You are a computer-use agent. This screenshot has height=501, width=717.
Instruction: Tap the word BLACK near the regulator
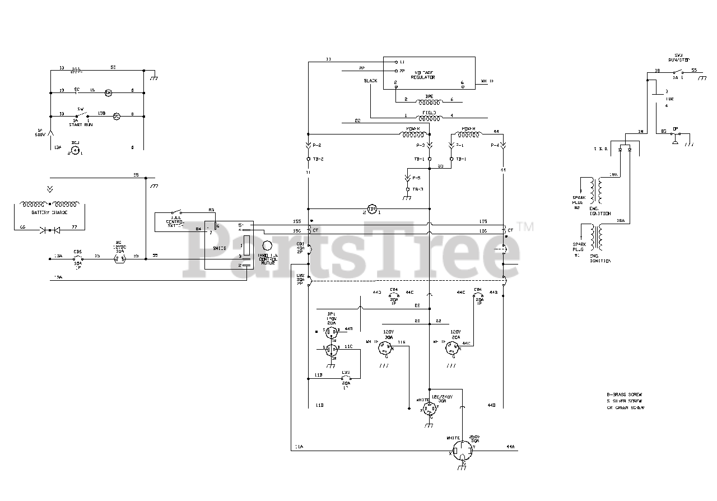371,81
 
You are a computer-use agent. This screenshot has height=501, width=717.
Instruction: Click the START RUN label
80,124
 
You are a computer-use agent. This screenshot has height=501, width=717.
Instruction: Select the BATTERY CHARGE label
49,213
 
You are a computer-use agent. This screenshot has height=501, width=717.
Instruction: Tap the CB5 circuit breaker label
78,251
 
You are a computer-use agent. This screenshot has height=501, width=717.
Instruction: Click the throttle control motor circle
267,245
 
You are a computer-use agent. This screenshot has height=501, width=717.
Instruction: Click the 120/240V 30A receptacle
430,407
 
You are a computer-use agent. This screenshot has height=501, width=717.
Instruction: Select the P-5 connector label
415,178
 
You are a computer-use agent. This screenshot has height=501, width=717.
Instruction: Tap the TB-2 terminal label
318,159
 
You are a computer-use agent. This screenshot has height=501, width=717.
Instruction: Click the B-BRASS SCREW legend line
625,395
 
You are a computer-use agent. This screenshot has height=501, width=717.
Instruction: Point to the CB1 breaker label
300,244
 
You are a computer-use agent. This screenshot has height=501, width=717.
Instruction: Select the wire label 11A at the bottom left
299,447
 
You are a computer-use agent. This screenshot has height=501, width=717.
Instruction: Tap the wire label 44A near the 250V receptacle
510,447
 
